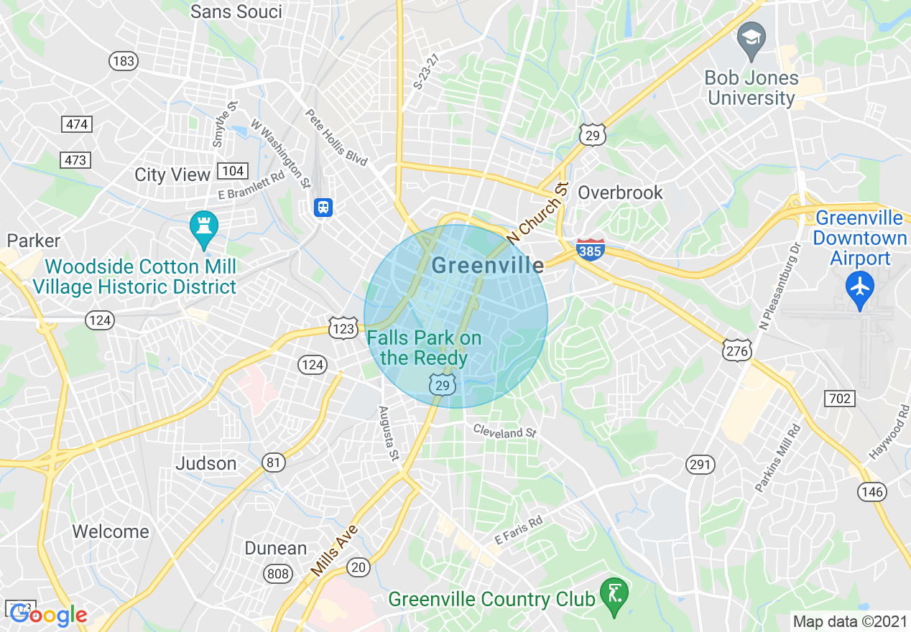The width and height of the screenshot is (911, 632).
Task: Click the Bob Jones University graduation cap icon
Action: [x=751, y=36]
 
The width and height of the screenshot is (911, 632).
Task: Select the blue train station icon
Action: [x=323, y=208]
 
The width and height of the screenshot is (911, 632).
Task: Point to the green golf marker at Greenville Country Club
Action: [x=614, y=594]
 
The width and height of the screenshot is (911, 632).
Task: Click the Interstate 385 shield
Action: [x=590, y=249]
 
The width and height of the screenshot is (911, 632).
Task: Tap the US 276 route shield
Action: [x=738, y=350]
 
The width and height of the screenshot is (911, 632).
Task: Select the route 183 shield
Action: [x=124, y=61]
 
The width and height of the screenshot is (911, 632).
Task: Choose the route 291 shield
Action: [x=699, y=465]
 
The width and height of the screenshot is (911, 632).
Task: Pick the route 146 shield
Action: [x=871, y=492]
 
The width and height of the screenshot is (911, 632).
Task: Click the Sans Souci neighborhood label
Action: [x=236, y=11]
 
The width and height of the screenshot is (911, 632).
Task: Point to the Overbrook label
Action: [x=620, y=192]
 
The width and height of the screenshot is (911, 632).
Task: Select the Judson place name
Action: [x=206, y=463]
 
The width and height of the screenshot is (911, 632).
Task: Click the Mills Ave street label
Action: [x=335, y=549]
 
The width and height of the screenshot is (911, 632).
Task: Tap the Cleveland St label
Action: [x=504, y=432]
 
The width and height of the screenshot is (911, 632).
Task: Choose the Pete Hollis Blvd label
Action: [x=336, y=137]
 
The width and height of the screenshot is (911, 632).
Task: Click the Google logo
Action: [x=48, y=615]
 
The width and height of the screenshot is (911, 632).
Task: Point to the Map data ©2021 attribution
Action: [x=849, y=621]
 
